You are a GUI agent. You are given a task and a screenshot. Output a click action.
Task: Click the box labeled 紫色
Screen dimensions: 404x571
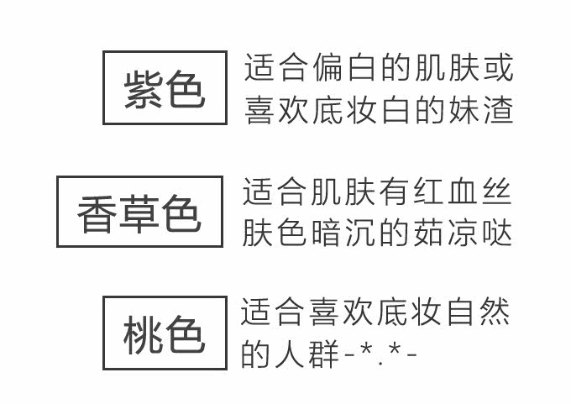(x=165, y=87)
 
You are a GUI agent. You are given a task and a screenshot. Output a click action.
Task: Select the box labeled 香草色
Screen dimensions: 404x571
(x=139, y=212)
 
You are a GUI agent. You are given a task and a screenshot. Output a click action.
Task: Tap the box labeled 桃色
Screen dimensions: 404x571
(x=165, y=333)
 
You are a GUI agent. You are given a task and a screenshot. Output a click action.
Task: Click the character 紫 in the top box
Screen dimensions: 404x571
(x=143, y=88)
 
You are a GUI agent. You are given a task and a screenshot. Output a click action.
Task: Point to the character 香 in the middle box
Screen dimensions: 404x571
(x=97, y=213)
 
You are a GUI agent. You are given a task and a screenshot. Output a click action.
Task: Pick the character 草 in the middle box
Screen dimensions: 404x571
(x=139, y=213)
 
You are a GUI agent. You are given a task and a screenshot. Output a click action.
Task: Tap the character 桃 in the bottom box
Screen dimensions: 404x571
(x=143, y=333)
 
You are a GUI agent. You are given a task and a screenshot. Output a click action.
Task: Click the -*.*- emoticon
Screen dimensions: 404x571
(x=381, y=354)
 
